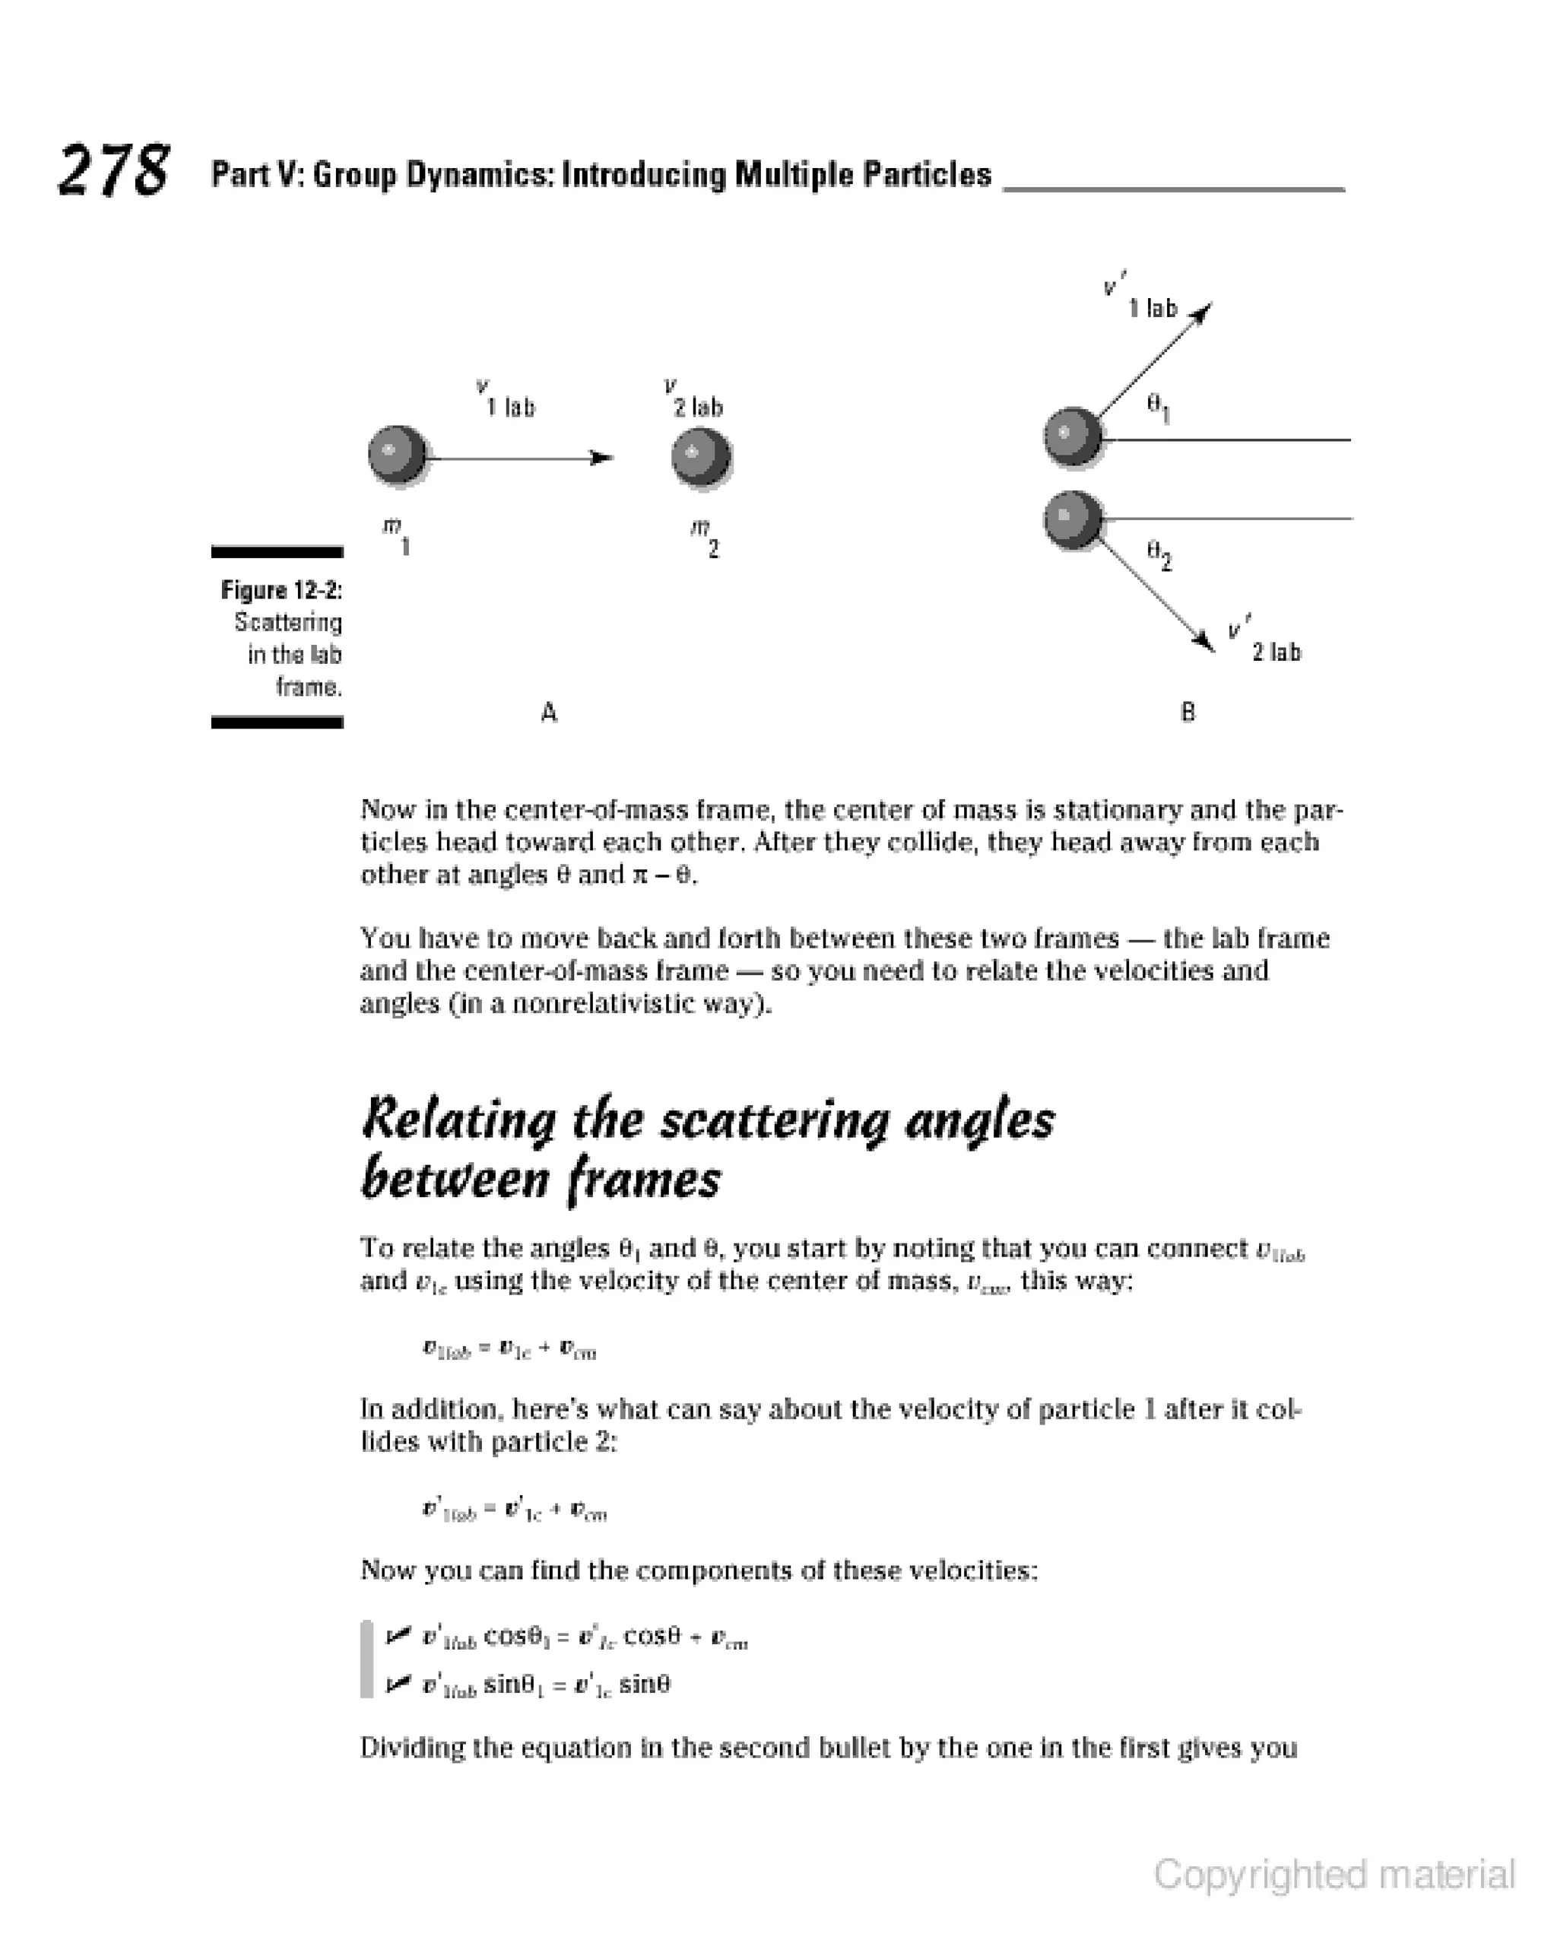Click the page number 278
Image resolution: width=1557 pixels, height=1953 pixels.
click(113, 170)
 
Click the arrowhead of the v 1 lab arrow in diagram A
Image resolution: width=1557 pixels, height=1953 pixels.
click(601, 458)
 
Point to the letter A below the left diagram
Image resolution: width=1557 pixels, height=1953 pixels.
click(549, 713)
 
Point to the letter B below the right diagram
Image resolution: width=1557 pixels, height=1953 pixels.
click(1188, 712)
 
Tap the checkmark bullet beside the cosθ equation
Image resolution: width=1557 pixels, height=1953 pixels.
click(397, 1635)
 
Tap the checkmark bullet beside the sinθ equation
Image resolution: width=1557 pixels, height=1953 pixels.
click(397, 1684)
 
